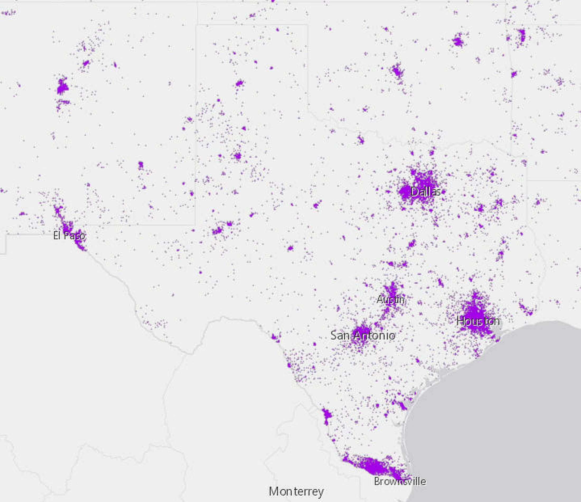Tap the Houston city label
click(478, 321)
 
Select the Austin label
click(390, 300)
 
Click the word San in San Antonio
click(340, 335)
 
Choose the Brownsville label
click(400, 481)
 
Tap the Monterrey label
click(296, 491)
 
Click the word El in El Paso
click(57, 235)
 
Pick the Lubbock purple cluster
click(238, 156)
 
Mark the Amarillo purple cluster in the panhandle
click(240, 83)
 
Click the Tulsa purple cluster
click(458, 42)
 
